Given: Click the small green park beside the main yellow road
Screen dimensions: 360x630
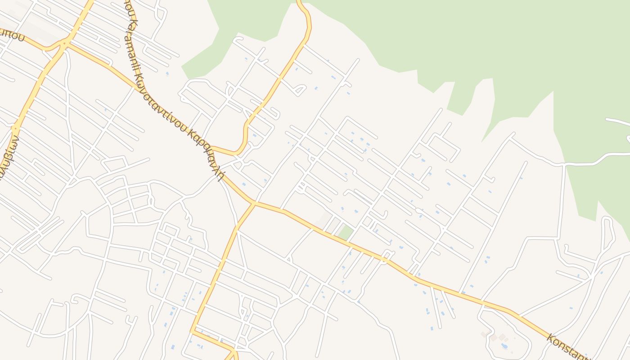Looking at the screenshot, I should pos(345,233).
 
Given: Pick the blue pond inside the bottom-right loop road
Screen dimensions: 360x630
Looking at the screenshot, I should pos(504,346).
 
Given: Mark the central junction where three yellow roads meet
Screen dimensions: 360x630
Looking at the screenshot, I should pos(254,203).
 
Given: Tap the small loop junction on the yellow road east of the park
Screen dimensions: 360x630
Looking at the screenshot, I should pos(384,259).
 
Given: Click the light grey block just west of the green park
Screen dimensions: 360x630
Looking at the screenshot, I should pos(325,220).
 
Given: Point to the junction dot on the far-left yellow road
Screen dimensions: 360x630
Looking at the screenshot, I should pos(14,128).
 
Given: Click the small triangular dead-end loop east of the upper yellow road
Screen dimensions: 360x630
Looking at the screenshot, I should pos(299,90).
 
